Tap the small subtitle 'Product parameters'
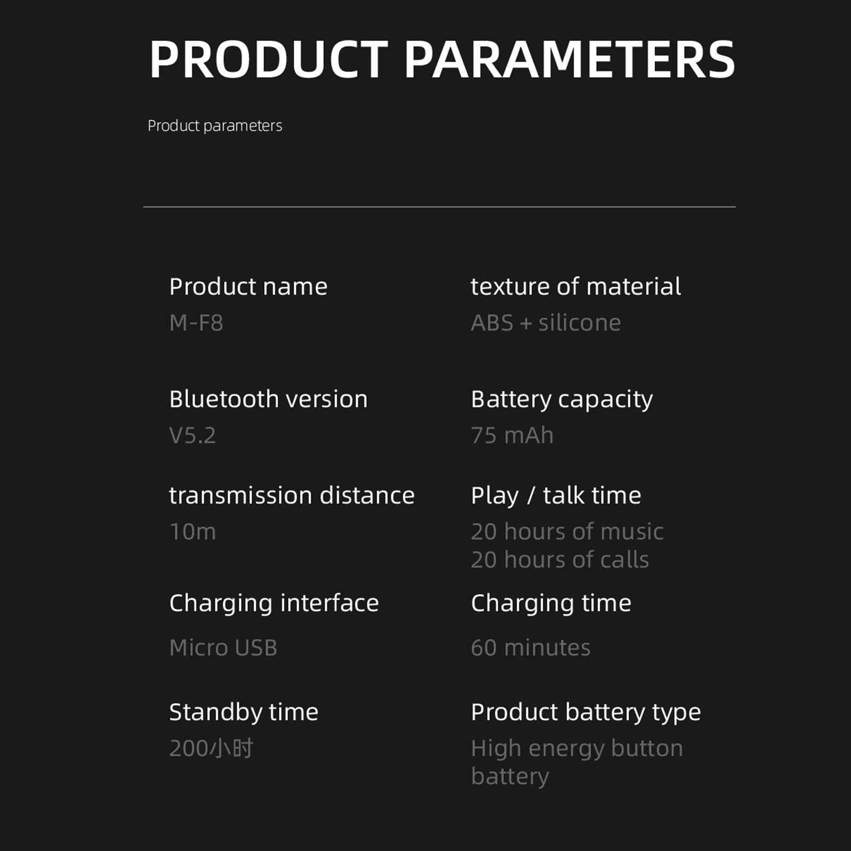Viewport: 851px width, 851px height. coord(215,126)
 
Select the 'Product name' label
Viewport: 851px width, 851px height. coord(248,287)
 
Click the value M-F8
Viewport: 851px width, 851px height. coord(196,323)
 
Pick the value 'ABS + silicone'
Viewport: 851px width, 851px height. coord(546,323)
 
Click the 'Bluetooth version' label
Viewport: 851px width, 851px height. coord(269,399)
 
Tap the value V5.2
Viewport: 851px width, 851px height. coord(193,436)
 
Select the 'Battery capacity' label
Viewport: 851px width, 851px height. coord(562,400)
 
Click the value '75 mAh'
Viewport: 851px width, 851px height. coord(512,436)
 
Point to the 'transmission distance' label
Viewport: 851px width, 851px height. coord(292,495)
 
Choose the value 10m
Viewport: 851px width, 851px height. coord(193,532)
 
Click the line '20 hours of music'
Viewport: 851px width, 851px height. coord(567,532)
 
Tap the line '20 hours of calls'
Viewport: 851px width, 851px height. coord(560,560)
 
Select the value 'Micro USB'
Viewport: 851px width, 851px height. coord(223,648)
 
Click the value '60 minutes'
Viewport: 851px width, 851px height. coord(530,648)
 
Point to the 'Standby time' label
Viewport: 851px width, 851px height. coord(244,712)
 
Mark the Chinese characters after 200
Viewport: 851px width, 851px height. coord(231,748)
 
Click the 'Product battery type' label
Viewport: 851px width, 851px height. coord(586,713)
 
